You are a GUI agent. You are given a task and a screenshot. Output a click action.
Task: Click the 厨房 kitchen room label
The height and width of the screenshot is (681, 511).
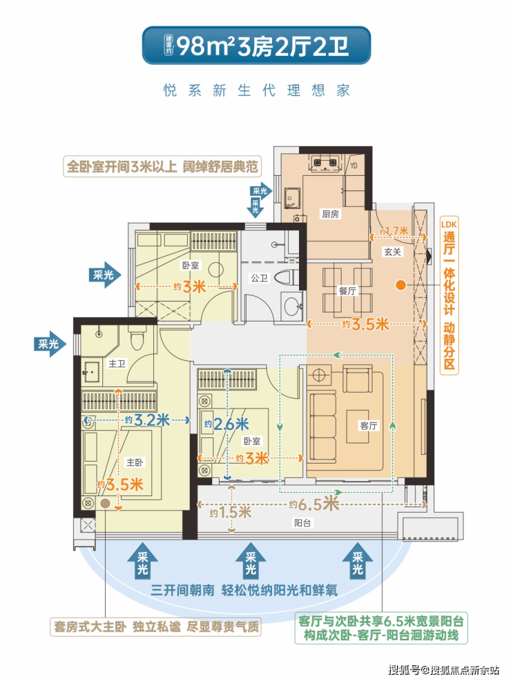click(330, 214)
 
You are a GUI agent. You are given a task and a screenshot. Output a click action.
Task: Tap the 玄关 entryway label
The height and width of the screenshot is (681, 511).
click(393, 251)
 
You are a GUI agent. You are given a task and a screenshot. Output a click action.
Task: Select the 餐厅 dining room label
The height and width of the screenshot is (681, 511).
click(347, 290)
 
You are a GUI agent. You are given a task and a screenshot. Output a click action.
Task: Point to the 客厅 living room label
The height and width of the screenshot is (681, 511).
click(369, 426)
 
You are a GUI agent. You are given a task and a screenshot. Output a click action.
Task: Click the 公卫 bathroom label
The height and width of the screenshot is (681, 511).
click(260, 278)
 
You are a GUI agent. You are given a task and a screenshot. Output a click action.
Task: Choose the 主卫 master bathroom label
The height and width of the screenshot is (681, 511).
click(117, 364)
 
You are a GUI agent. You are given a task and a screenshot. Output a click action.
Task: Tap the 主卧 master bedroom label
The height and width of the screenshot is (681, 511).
click(135, 462)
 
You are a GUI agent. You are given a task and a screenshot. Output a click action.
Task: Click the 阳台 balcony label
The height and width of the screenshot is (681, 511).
click(302, 523)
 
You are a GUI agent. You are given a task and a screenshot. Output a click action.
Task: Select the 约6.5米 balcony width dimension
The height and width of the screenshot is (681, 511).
click(314, 504)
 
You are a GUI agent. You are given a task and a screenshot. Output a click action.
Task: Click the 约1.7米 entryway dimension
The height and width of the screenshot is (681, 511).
click(394, 231)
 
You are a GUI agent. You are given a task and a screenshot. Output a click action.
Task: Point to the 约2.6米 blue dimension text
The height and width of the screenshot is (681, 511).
click(226, 424)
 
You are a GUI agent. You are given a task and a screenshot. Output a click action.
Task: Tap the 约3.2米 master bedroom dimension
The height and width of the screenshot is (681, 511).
click(147, 420)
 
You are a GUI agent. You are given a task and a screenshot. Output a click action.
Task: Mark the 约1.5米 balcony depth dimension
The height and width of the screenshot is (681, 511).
click(231, 513)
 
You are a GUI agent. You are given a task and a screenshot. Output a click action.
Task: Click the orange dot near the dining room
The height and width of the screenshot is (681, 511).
click(401, 286)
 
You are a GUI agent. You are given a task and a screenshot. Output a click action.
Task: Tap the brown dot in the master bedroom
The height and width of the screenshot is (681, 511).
click(105, 504)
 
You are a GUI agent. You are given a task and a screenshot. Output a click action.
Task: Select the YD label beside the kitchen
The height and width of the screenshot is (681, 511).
click(354, 166)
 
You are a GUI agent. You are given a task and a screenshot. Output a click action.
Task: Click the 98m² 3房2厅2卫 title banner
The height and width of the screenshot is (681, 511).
click(256, 46)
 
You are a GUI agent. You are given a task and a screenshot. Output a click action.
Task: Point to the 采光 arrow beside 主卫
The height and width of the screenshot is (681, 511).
click(50, 344)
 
